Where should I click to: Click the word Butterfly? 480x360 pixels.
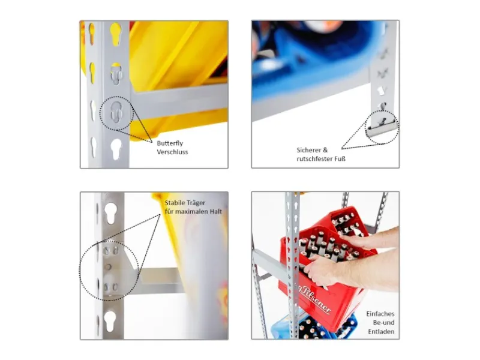(170, 143)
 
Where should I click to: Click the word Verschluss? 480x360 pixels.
(172, 152)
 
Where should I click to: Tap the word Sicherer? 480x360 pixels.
(308, 150)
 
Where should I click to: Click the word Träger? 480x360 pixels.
(196, 203)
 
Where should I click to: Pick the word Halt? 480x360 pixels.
(215, 212)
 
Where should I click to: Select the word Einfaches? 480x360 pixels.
(380, 314)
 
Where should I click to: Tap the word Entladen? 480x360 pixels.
(381, 332)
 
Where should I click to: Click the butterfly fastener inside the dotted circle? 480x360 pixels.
(116, 112)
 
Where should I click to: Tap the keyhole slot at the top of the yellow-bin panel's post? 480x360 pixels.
(115, 34)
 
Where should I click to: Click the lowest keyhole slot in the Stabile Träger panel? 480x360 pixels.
(110, 322)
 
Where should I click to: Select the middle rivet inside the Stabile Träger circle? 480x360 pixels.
(108, 267)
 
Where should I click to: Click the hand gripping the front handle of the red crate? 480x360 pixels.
(325, 271)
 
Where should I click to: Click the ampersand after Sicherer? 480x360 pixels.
(325, 150)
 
